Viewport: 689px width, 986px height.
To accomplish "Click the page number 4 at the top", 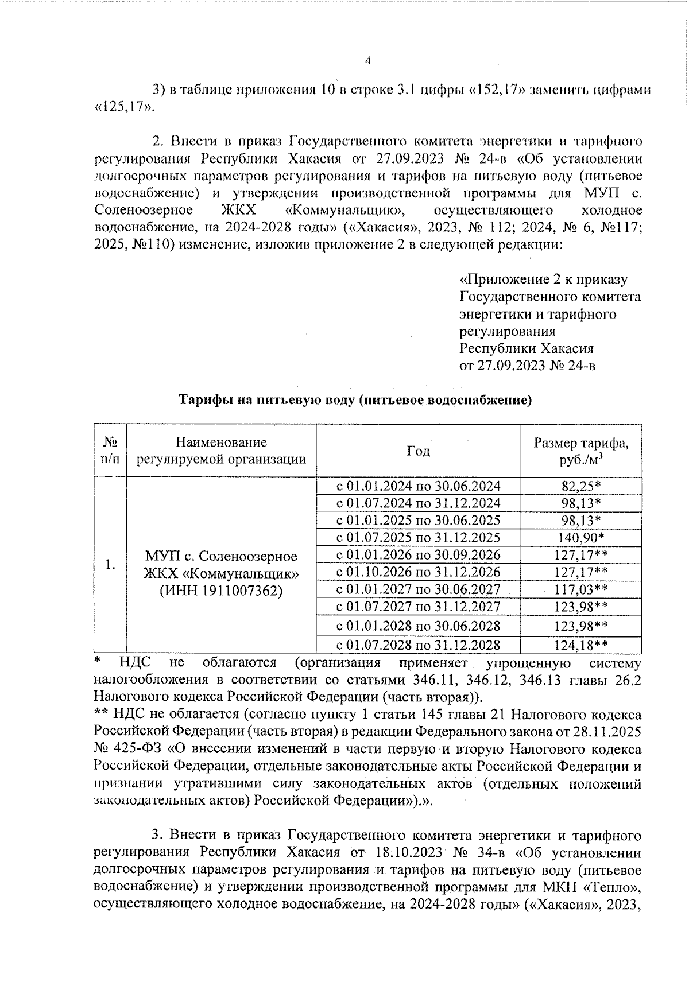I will coord(368,61).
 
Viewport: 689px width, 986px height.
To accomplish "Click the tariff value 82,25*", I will coord(581,486).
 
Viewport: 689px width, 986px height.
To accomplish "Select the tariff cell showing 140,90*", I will coord(581,538).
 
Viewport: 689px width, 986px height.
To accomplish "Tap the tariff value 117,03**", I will coord(581,589).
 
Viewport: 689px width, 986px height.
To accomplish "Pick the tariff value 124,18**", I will coord(581,645).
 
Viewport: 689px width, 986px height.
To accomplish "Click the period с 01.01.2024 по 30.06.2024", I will coord(418,486).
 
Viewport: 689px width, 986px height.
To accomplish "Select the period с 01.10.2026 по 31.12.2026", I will coord(418,572).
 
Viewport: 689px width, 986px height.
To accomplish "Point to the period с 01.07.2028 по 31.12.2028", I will coord(418,645).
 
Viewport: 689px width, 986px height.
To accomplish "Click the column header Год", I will coord(418,451).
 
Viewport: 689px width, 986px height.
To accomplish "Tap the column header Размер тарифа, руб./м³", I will coord(581,451).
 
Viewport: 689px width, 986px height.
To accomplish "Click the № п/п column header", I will coord(110,451).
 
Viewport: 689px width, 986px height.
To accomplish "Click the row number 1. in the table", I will coord(110,565).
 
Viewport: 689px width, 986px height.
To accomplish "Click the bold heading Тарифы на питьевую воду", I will coord(354,400).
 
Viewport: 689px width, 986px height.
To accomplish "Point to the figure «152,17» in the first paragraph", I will coord(497,90).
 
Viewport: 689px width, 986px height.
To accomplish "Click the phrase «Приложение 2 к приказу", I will coord(544,280).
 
